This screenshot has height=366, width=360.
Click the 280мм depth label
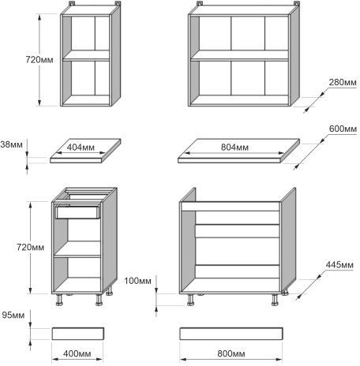(343, 83)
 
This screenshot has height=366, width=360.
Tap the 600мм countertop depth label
(343, 129)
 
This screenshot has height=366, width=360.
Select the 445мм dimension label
(339, 265)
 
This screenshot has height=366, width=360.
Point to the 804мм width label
(234, 148)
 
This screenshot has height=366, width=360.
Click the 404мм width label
(81, 148)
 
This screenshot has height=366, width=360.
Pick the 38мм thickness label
(11, 144)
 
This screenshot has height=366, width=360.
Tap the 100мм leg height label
(137, 281)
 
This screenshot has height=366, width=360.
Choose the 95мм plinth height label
(13, 315)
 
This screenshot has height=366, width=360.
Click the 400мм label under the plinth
(77, 353)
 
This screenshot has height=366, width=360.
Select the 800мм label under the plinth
(231, 353)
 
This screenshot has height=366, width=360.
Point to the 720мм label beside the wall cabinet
(39, 60)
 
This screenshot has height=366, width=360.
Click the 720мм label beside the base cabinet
(30, 247)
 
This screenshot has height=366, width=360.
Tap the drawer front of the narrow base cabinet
(78, 212)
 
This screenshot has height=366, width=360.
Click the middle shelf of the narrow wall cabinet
(86, 55)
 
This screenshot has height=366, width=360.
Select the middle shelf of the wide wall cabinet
(239, 55)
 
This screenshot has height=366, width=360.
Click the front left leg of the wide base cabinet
(190, 300)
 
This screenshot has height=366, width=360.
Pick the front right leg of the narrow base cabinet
(99, 300)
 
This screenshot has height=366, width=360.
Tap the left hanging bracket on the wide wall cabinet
(200, 4)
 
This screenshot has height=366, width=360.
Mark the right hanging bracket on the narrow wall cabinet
(118, 4)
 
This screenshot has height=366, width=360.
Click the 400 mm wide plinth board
(78, 334)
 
